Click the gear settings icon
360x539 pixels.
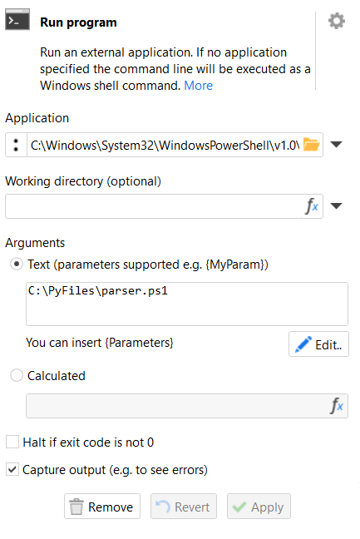[x=336, y=21]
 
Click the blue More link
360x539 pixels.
[x=198, y=85]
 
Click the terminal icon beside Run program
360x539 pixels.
[x=17, y=20]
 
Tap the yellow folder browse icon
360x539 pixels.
[x=312, y=145]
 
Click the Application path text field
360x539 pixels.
[x=165, y=145]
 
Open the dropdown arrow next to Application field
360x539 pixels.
[x=336, y=145]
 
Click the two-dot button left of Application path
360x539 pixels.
[x=16, y=145]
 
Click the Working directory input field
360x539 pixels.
[x=154, y=206]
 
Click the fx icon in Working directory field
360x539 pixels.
[x=313, y=206]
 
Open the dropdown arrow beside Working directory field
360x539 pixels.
[x=336, y=206]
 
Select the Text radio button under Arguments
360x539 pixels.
[x=17, y=265]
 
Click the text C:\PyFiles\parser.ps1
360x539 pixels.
[x=98, y=291]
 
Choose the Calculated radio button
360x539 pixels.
[x=17, y=375]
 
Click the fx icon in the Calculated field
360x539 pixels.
[x=337, y=406]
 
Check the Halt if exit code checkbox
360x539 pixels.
[x=12, y=442]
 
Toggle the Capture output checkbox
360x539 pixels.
[x=12, y=469]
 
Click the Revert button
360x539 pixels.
[x=184, y=506]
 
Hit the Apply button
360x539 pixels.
[x=259, y=506]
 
